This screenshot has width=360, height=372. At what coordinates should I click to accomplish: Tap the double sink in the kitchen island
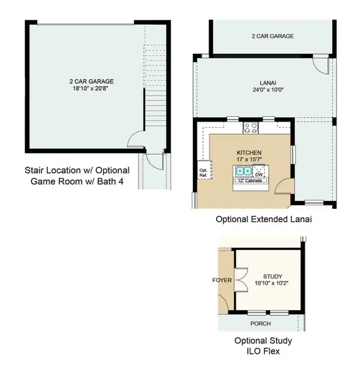(x=242, y=170)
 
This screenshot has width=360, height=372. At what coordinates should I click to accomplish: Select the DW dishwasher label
(x=259, y=175)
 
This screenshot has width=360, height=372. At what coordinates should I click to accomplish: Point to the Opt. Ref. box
(x=203, y=172)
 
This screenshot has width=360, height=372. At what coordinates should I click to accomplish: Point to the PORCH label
(x=260, y=324)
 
